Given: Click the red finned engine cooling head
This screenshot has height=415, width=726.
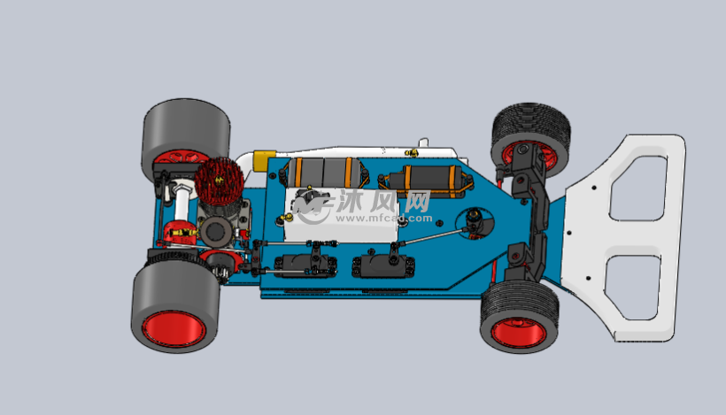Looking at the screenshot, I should tap(219, 181).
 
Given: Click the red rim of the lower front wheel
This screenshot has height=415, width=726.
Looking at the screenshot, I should tap(518, 333).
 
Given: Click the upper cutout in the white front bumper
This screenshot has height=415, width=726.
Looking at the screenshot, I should tap(638, 186).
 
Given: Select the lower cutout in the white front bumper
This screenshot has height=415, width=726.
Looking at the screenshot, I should tap(634, 286).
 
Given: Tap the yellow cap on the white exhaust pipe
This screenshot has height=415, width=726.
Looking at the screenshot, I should tap(262, 159).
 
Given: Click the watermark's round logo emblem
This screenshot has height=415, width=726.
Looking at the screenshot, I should tap(313, 206).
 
